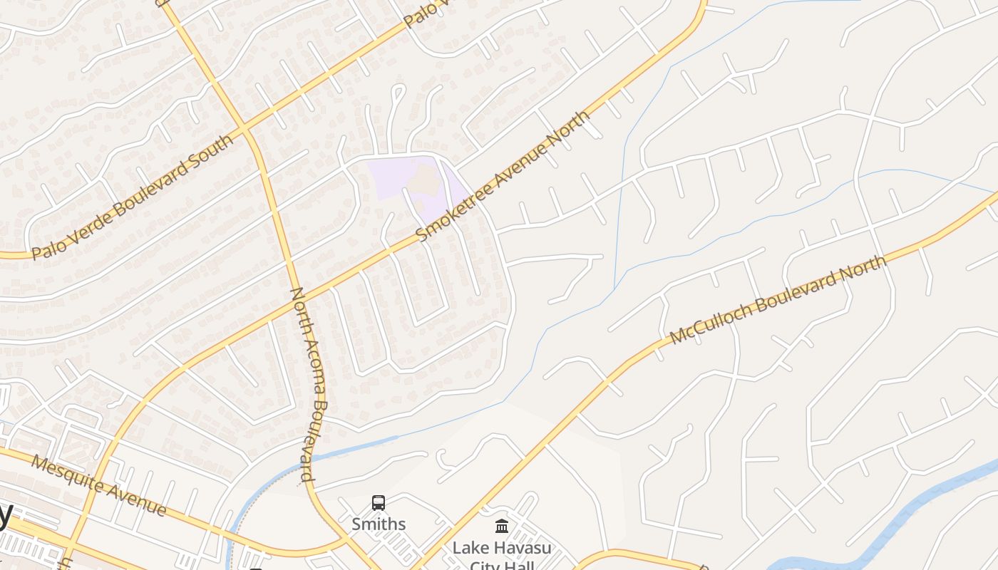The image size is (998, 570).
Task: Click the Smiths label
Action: click(379, 524)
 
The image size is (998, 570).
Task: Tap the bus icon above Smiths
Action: click(379, 503)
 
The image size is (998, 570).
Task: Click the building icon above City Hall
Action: click(502, 527)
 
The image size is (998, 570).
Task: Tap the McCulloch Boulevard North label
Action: click(778, 299)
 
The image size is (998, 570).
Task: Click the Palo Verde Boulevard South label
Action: click(133, 197)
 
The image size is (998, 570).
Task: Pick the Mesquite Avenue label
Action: click(99, 487)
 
